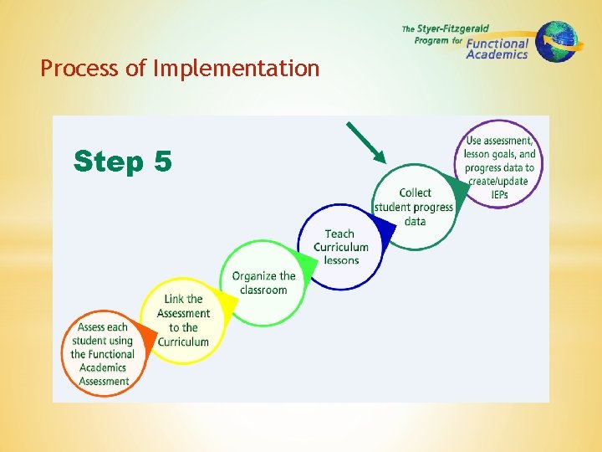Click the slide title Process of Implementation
180,69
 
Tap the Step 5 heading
122,160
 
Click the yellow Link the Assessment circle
183,320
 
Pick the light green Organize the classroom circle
263,283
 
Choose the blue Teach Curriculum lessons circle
340,247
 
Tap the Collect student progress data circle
415,207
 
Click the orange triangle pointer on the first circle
147,336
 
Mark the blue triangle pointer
384,227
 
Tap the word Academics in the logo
497,54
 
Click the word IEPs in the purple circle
499,195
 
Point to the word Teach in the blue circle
339,234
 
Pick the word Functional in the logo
497,43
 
